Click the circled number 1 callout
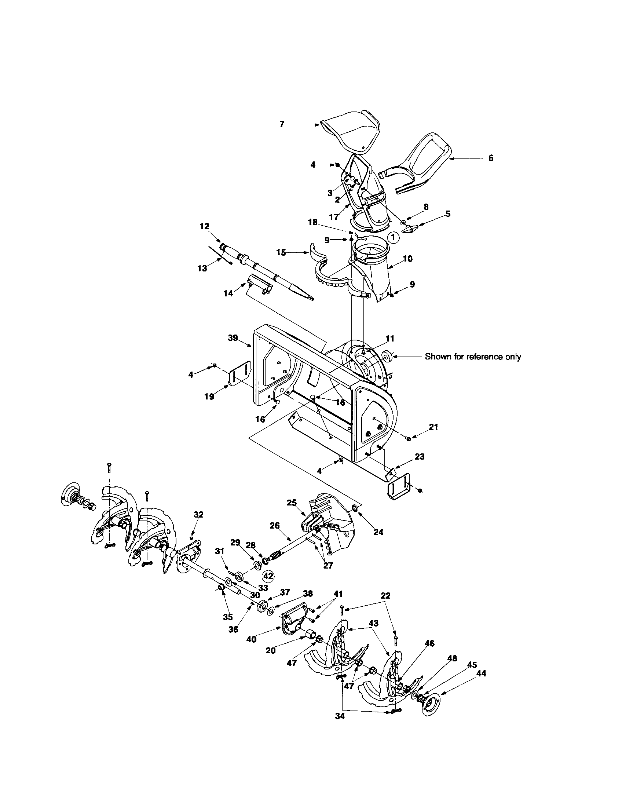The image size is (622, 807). pyautogui.click(x=394, y=237)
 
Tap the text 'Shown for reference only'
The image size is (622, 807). pyautogui.click(x=473, y=357)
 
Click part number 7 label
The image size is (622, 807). pyautogui.click(x=282, y=124)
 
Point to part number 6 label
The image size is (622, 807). pyautogui.click(x=490, y=158)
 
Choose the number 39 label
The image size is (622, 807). pyautogui.click(x=233, y=338)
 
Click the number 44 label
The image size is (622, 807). pyautogui.click(x=481, y=673)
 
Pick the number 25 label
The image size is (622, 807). pyautogui.click(x=292, y=503)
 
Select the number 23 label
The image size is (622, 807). pyautogui.click(x=420, y=456)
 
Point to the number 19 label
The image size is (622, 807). pyautogui.click(x=209, y=397)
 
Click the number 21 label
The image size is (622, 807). pyautogui.click(x=433, y=427)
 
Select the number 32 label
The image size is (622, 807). pyautogui.click(x=198, y=514)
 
